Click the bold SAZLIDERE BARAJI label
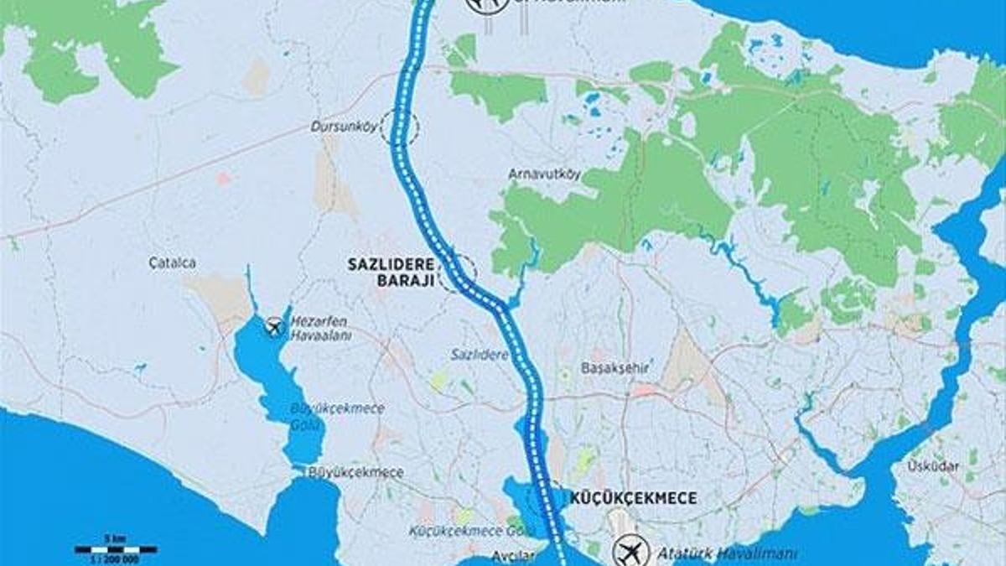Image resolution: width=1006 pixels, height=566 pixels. tap(392, 273)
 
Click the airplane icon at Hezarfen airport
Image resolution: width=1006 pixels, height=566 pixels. tap(274, 326)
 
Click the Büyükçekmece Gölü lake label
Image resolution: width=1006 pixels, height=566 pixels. tap(337, 415)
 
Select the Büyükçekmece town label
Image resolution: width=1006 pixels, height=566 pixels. tap(355, 472)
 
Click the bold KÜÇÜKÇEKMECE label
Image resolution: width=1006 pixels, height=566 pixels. tap(633, 498)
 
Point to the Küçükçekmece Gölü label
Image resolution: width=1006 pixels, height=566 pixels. tap(460, 531)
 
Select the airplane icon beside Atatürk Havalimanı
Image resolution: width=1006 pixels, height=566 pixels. tap(631, 552)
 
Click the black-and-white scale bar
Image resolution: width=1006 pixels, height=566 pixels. tap(116, 549)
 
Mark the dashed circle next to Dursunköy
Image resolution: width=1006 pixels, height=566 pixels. tap(399, 128)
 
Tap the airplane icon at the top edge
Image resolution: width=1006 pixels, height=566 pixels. tap(487, 5)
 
